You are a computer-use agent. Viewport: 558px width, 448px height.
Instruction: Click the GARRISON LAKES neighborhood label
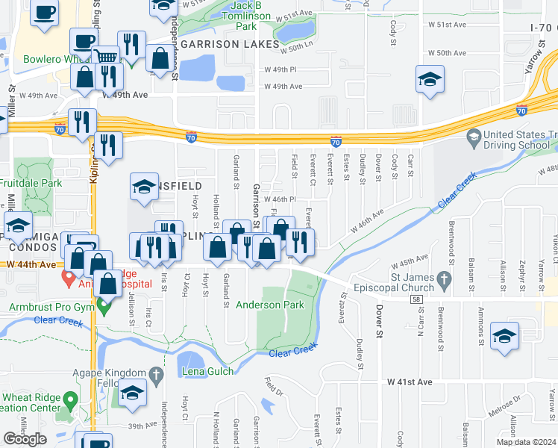click(x=230, y=45)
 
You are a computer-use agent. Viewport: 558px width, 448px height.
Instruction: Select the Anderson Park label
click(x=270, y=305)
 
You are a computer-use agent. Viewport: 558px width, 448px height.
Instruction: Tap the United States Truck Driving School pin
click(x=473, y=137)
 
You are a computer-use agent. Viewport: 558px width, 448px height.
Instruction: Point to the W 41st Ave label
click(x=410, y=382)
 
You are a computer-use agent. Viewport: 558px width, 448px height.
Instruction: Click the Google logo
click(x=25, y=439)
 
